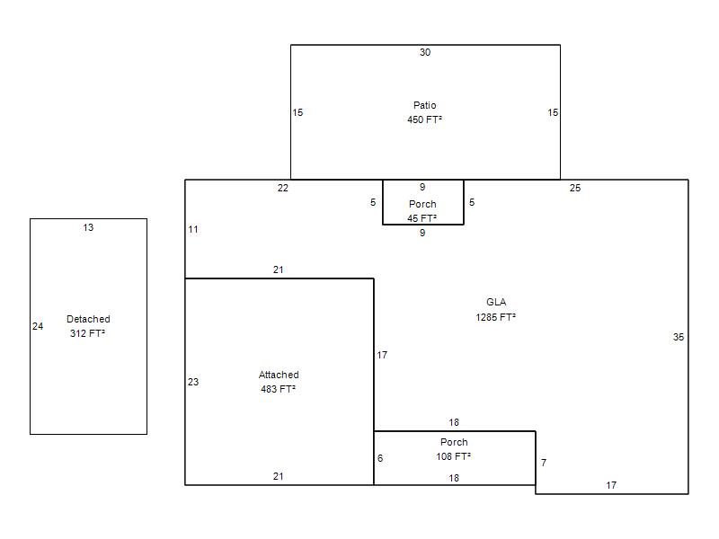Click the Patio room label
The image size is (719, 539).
pos(424,105)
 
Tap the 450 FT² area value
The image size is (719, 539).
pos(424,119)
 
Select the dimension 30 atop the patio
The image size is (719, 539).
pos(425,52)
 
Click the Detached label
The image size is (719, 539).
pos(88,319)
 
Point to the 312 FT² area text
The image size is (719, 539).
pos(87,333)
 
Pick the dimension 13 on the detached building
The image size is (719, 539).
pos(88,227)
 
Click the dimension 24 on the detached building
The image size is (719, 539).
pos(38,326)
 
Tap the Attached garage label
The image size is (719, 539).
pos(279,375)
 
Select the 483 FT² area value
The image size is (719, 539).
pos(279,389)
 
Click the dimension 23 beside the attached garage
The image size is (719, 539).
pos(193,382)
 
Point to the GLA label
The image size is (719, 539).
pos(496,302)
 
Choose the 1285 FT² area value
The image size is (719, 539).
pos(496,317)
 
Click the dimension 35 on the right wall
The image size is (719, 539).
pos(679,338)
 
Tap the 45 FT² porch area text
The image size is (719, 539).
pos(422,218)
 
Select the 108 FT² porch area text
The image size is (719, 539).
pos(454,456)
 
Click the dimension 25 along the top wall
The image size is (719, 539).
pos(575,188)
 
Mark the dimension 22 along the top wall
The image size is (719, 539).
pos(283,188)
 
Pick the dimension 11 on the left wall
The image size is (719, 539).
pos(193,229)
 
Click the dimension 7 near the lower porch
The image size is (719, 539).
pos(544,463)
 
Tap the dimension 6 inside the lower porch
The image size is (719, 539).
pos(380,458)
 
